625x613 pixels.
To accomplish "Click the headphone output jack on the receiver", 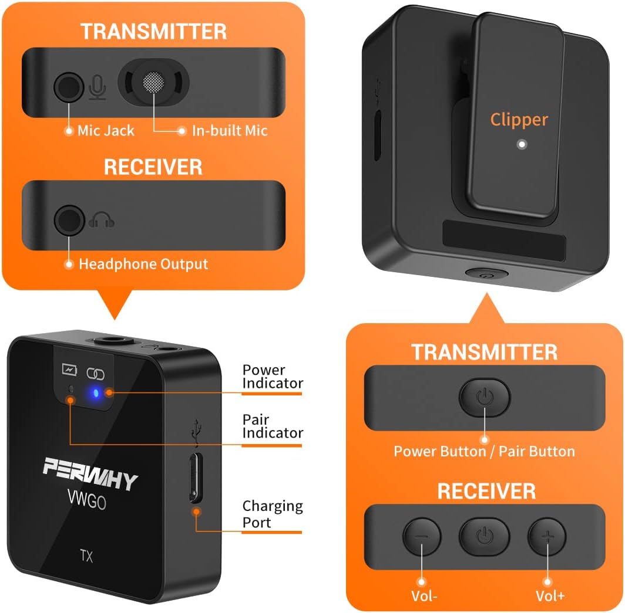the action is point(69,221).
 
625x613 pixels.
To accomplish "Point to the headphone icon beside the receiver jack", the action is point(102,221).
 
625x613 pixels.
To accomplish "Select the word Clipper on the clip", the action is point(519,120).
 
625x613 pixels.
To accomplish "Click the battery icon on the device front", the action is point(70,371).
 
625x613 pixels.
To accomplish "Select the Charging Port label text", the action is point(273,514).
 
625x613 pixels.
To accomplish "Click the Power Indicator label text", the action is point(273,377).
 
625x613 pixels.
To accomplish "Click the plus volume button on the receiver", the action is point(546,536).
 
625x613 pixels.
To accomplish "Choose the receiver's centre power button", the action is point(484,536).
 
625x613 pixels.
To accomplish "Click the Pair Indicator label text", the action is point(273,426).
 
